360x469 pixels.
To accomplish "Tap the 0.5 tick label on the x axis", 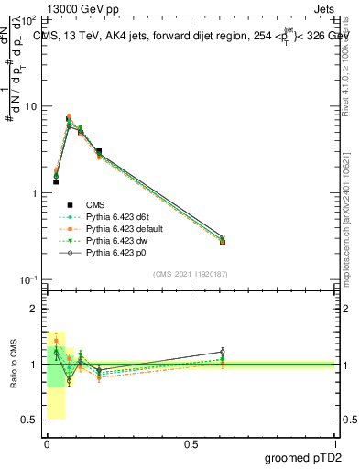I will pos(191,444).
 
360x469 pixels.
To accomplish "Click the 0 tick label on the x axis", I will pos(47,444).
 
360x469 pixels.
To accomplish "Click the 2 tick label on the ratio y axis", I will pos(34,310).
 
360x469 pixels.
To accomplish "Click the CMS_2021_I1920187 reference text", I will pos(191,273).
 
